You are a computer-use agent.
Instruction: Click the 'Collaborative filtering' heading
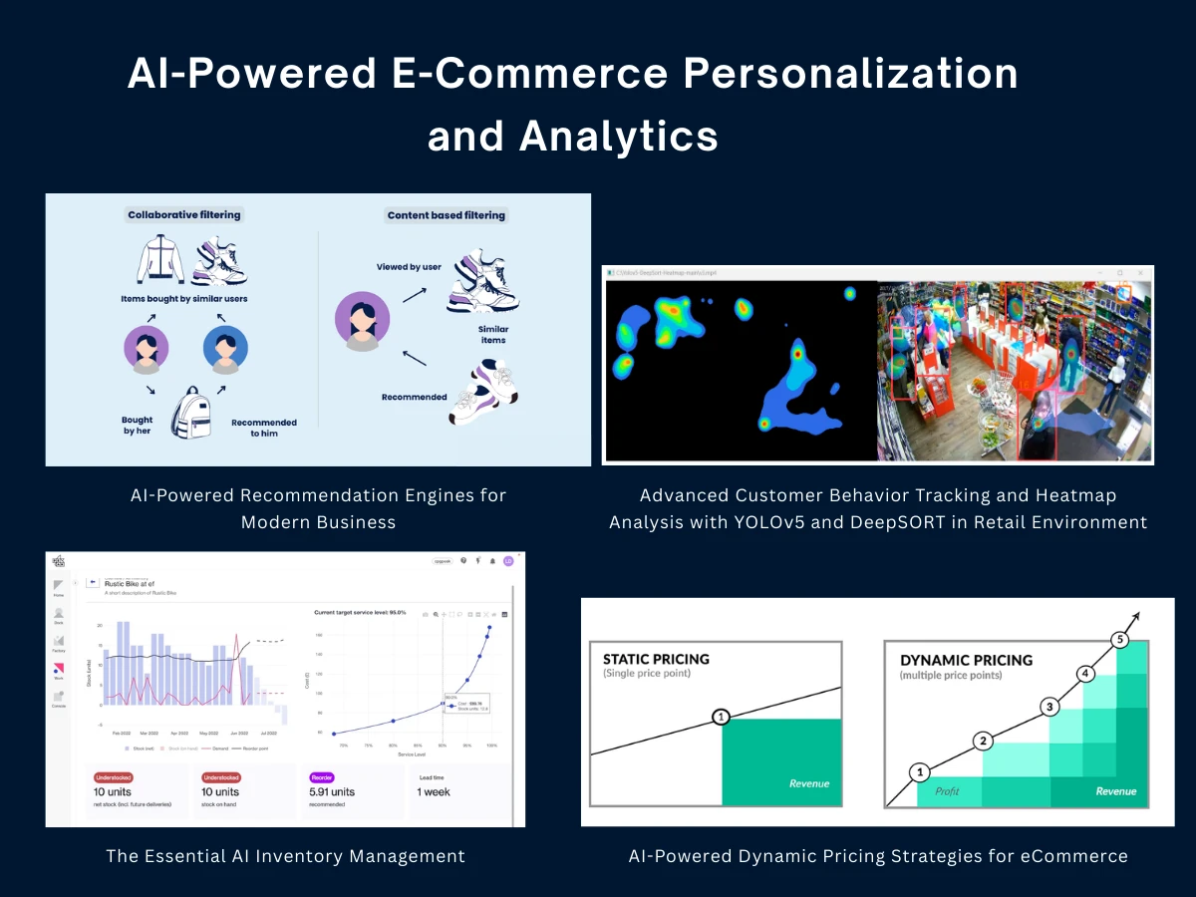point(183,214)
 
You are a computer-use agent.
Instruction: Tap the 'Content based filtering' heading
point(446,215)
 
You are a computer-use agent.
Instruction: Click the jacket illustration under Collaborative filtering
point(160,260)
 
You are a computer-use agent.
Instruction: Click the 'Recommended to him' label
point(264,428)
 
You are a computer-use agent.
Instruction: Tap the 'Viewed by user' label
point(409,267)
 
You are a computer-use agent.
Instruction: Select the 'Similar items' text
point(492,335)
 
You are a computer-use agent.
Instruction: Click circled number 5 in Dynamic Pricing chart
point(1121,640)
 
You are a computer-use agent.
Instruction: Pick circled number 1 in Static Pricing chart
point(721,717)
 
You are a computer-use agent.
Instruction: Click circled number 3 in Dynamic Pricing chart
point(1047,707)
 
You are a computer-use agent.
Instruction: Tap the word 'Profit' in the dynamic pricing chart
point(947,791)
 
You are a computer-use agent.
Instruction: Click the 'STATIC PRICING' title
point(656,659)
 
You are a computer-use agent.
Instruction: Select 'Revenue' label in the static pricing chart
point(808,783)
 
